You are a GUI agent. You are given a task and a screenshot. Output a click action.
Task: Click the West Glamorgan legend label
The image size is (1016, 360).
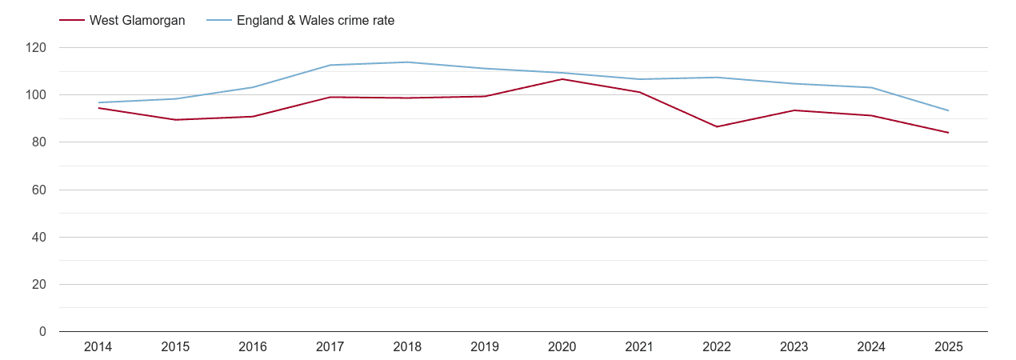pos(137,21)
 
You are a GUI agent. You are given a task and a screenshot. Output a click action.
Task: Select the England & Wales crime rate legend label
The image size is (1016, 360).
pos(315,21)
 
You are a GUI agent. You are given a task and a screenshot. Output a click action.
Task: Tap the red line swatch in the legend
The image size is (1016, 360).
pos(72,21)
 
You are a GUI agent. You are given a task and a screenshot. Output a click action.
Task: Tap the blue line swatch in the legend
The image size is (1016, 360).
pos(218,21)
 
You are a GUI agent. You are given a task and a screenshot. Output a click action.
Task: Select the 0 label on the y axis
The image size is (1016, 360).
pos(43,332)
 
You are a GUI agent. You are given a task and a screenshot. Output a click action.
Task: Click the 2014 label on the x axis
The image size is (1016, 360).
pos(98,347)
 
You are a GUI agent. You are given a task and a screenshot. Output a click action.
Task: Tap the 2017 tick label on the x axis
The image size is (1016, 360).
pos(330,347)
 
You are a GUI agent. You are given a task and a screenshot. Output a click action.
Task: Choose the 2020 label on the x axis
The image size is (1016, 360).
pos(562,347)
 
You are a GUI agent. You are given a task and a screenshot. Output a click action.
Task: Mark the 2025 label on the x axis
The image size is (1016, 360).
pos(949,347)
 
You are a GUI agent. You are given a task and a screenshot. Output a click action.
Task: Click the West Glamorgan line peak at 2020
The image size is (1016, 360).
pos(562,79)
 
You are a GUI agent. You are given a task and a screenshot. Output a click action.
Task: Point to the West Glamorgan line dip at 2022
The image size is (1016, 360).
pos(717,126)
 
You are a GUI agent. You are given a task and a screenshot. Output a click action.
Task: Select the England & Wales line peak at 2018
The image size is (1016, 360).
pos(407,62)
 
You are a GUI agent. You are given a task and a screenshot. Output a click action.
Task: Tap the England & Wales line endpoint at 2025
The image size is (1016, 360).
pos(949,110)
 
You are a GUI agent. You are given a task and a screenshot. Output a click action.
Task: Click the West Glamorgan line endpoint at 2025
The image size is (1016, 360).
pos(949,133)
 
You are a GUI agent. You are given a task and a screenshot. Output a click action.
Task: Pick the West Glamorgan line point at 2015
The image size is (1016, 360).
pos(175,120)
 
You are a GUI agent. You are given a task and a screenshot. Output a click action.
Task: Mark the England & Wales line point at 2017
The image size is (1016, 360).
pos(330,65)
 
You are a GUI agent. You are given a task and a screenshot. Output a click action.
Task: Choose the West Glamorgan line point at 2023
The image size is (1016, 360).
pos(794,110)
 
